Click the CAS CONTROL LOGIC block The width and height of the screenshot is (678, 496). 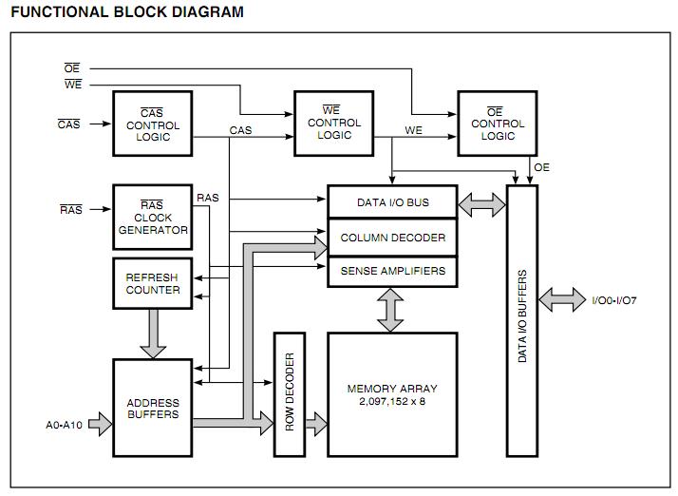[x=153, y=124]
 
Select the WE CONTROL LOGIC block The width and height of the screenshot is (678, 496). [x=334, y=124]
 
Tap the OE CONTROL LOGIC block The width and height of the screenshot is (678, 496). [x=498, y=124]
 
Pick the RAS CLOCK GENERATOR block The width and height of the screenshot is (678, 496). [x=153, y=218]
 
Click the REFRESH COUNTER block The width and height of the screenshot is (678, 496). [x=153, y=283]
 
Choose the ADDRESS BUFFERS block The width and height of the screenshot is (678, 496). [x=153, y=408]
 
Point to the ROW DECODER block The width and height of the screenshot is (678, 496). [x=290, y=394]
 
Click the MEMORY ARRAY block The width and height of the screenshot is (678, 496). [x=392, y=394]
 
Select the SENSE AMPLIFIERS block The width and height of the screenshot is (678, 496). [x=392, y=272]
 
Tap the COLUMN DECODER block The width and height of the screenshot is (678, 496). [x=392, y=238]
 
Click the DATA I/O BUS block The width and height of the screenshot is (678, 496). [x=392, y=201]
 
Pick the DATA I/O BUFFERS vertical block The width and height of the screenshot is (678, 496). [x=522, y=321]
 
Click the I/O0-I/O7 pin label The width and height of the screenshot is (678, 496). [x=614, y=300]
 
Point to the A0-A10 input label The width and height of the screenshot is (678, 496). [x=64, y=425]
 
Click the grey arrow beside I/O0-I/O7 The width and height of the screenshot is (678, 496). [x=562, y=299]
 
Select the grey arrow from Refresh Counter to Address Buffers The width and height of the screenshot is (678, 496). [x=153, y=334]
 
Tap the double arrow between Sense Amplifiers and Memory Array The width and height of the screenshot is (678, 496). [x=390, y=310]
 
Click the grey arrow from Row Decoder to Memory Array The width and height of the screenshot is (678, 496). [x=316, y=424]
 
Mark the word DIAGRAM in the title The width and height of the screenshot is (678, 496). [x=208, y=11]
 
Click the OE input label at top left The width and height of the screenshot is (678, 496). [x=72, y=68]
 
